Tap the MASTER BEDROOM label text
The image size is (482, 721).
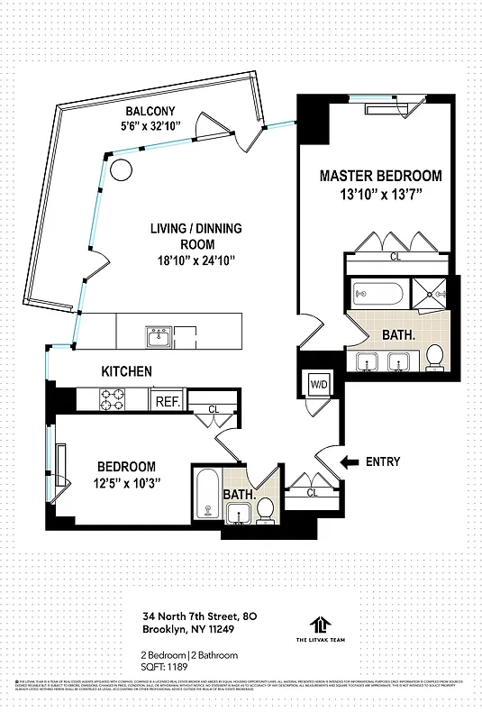pos(380,176)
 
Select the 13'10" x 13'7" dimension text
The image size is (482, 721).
pos(380,195)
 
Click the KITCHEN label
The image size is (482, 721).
pos(126,371)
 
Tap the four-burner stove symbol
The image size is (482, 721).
pos(112,397)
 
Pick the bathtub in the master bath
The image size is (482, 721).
pos(379,293)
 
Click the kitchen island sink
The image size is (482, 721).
pos(159,336)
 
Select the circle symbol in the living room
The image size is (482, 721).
pos(121,169)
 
